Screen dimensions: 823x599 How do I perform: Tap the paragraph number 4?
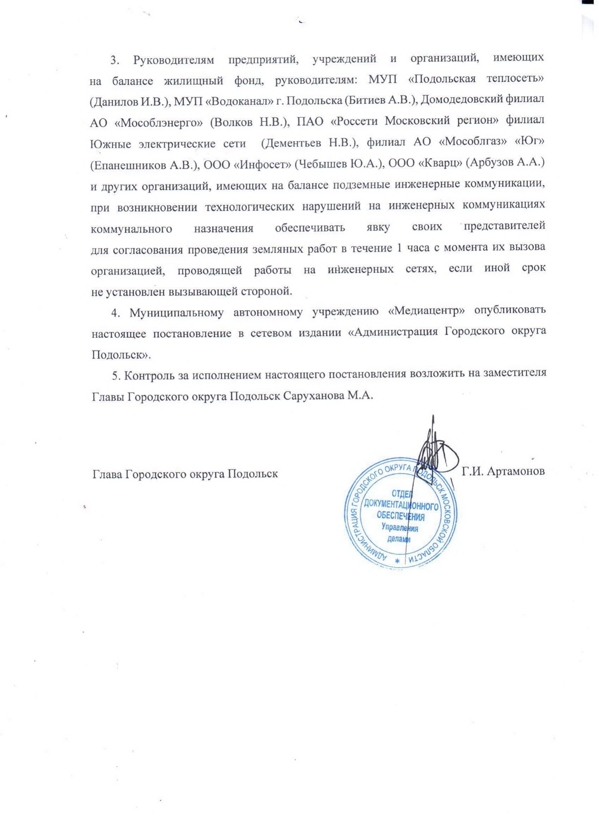[115, 313]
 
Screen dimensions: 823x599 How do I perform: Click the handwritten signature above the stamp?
[436, 450]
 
